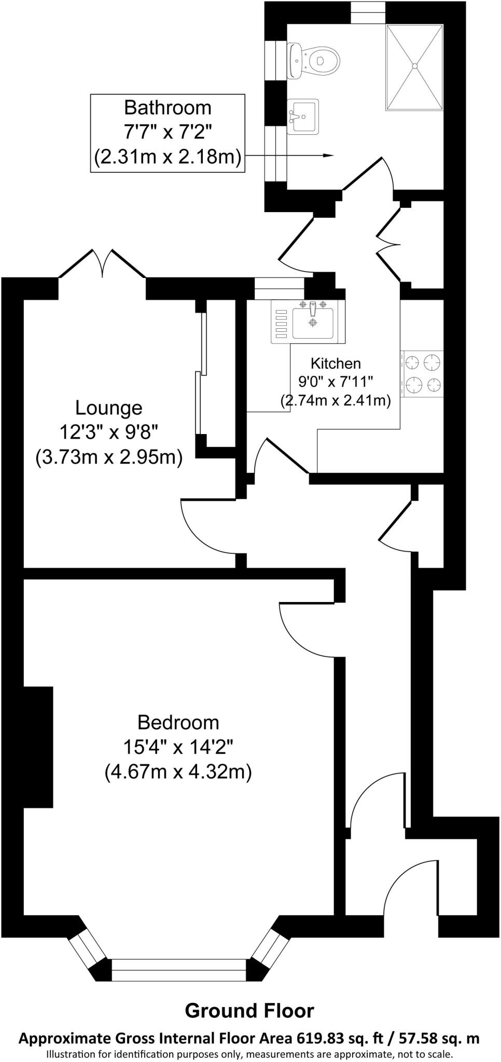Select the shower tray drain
click(415, 65)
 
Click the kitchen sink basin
click(312, 323)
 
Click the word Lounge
click(109, 408)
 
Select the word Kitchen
click(336, 363)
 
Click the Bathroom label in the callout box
click(168, 107)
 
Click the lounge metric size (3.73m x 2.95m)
click(109, 458)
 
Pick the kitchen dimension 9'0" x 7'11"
click(336, 382)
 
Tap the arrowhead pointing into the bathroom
click(328, 155)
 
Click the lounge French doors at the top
click(102, 264)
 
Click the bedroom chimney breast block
click(38, 747)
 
